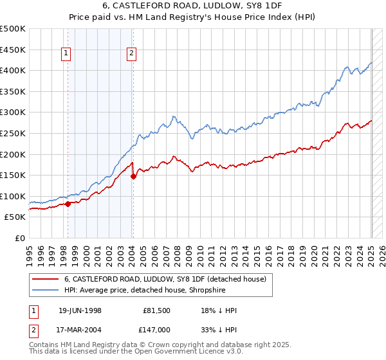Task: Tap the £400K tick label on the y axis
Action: (13, 70)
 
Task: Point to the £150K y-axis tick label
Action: (13, 175)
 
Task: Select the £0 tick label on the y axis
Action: (21, 238)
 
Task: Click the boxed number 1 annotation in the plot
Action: (66, 54)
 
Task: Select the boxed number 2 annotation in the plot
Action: (131, 54)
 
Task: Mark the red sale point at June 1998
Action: (68, 204)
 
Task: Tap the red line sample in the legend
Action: (45, 279)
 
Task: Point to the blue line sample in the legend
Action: (45, 291)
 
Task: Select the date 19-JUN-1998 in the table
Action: (80, 310)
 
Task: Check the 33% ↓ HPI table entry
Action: (219, 328)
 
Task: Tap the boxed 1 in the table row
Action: (33, 310)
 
